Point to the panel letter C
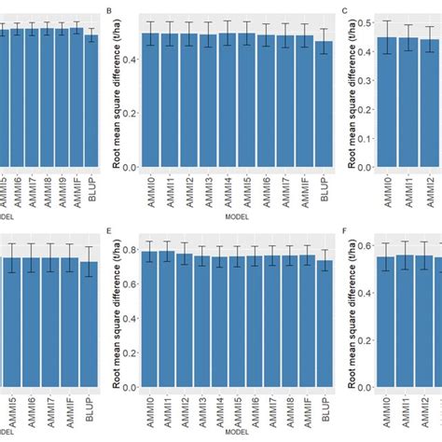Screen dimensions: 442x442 coord(346,11)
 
